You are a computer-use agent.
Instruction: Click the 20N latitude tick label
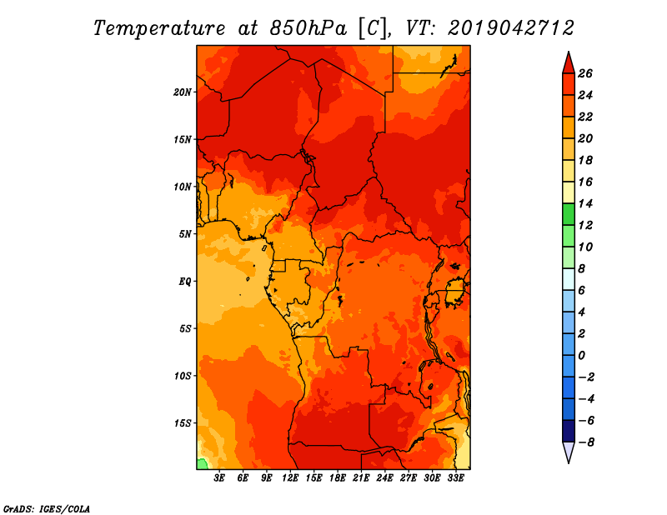pyautogui.click(x=183, y=92)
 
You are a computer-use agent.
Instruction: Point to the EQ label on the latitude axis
pyautogui.click(x=185, y=281)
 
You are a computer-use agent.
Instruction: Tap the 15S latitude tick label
pyautogui.click(x=183, y=422)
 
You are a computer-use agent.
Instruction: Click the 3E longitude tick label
pyautogui.click(x=220, y=478)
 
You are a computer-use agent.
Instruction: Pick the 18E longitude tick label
pyautogui.click(x=338, y=478)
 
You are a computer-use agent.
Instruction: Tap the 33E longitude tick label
pyautogui.click(x=455, y=478)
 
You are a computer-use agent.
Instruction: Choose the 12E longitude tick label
pyautogui.click(x=291, y=478)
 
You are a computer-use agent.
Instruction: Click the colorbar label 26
pyautogui.click(x=585, y=73)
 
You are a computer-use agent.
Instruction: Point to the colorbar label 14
pyautogui.click(x=585, y=203)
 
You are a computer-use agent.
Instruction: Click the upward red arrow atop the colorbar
pyautogui.click(x=568, y=62)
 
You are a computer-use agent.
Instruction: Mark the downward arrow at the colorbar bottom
pyautogui.click(x=568, y=452)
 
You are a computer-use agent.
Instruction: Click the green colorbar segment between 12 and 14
pyautogui.click(x=568, y=214)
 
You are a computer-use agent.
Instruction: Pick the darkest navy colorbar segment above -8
pyautogui.click(x=568, y=431)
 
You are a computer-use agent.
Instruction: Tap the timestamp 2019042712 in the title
pyautogui.click(x=510, y=27)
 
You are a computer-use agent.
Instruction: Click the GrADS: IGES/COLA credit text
pyautogui.click(x=46, y=507)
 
